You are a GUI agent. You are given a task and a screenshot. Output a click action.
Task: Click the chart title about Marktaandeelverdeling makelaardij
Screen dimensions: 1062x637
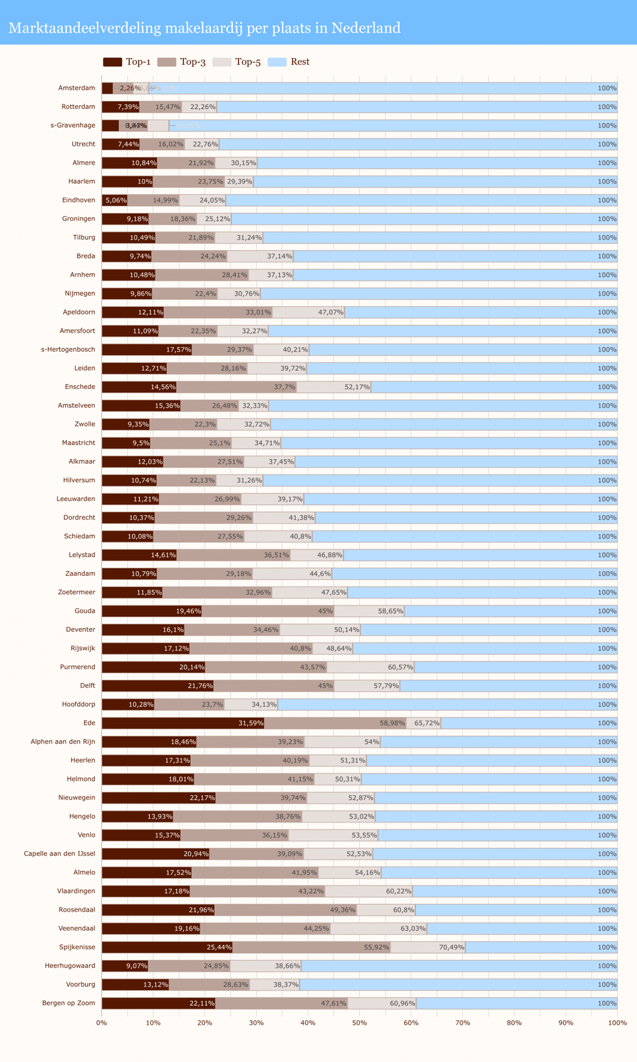[x=204, y=28]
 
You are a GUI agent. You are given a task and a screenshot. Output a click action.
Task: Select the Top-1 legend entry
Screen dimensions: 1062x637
[x=127, y=62]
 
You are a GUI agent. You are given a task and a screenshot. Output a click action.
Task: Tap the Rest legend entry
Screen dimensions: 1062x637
[x=289, y=62]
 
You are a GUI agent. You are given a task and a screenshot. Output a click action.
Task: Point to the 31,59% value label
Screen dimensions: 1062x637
[x=250, y=723]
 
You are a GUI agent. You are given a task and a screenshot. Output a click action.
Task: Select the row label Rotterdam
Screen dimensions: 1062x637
[x=78, y=107]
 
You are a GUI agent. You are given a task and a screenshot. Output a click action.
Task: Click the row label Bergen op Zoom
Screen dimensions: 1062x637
[x=68, y=1003]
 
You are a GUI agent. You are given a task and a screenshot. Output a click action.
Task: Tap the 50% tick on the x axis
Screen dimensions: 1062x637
[x=359, y=1023]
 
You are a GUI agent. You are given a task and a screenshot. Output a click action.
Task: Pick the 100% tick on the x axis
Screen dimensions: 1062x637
[x=617, y=1023]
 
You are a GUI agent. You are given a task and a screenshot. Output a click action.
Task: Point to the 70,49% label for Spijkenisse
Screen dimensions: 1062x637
[x=451, y=947]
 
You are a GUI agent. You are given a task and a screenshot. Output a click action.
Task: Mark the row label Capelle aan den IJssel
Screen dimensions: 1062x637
[x=60, y=854]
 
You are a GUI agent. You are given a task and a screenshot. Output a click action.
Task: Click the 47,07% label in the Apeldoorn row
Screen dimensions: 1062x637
[x=330, y=312]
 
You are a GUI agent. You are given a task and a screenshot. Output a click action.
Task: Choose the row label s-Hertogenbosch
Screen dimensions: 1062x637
[x=68, y=349]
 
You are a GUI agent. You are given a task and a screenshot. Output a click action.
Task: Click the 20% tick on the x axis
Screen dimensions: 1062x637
[x=204, y=1023]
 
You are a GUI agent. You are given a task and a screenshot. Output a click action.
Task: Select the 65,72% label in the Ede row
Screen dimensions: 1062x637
[x=426, y=723]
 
